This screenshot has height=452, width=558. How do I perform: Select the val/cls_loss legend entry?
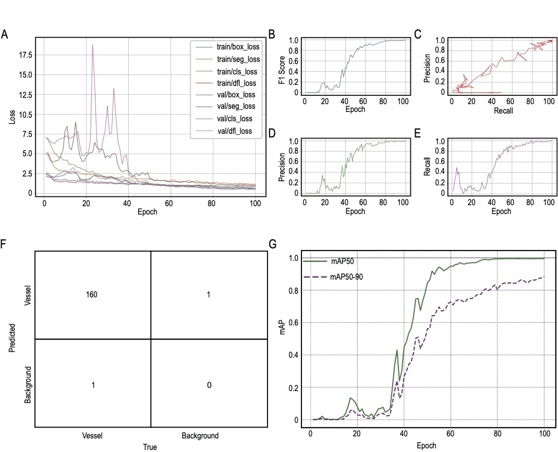pyautogui.click(x=236, y=119)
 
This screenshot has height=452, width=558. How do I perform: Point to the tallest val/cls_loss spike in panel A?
pyautogui.click(x=92, y=45)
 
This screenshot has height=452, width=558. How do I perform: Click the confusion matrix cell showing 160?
pyautogui.click(x=93, y=295)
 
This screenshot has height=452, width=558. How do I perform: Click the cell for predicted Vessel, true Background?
pyautogui.click(x=208, y=295)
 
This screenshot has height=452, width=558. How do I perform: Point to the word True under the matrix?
pyautogui.click(x=150, y=446)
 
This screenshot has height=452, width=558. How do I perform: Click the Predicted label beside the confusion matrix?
pyautogui.click(x=12, y=338)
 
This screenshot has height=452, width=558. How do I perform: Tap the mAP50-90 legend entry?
pyautogui.click(x=347, y=277)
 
